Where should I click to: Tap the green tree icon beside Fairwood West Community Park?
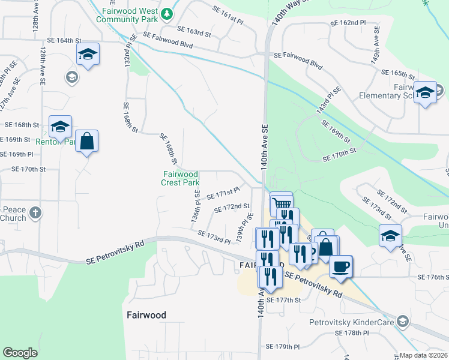(169, 12)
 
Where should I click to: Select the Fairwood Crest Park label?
(181, 178)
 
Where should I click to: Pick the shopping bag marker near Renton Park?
(87, 142)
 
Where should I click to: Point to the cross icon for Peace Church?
(35, 212)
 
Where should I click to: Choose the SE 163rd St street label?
(194, 32)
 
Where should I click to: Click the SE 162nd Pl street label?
(348, 23)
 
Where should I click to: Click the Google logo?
(20, 353)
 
